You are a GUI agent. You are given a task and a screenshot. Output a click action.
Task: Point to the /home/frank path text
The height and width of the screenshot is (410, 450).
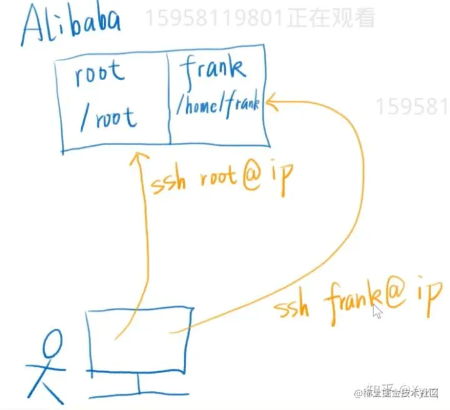(217, 106)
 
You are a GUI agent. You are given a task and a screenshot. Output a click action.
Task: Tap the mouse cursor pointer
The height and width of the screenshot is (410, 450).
(377, 311)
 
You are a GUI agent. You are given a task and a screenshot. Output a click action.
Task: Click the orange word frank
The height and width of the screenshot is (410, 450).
(350, 304)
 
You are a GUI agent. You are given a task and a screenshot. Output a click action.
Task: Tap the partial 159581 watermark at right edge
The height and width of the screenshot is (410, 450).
(412, 106)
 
